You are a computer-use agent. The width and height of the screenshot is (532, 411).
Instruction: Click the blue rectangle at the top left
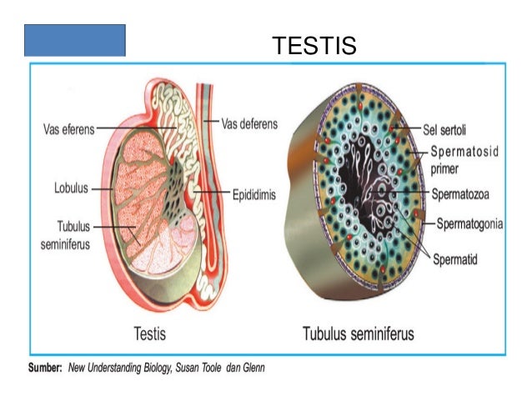[x=74, y=40]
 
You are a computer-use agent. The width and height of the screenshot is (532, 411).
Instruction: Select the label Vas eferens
[x=69, y=129]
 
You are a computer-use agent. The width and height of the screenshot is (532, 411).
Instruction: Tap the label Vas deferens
[x=250, y=123]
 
